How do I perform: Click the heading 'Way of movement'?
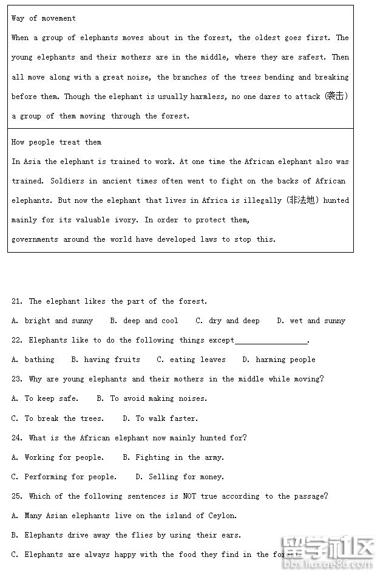44,18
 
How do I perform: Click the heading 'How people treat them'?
56,142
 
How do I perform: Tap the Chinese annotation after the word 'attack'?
336,96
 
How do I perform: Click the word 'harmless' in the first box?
208,97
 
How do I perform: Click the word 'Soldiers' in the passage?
67,181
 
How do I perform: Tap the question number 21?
17,301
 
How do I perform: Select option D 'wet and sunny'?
311,321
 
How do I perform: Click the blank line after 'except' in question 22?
271,341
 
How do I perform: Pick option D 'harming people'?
279,360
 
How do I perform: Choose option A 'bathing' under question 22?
33,360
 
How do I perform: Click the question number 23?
17,379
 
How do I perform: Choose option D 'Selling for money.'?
180,477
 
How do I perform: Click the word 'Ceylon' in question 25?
223,516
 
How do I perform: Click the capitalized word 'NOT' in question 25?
189,496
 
